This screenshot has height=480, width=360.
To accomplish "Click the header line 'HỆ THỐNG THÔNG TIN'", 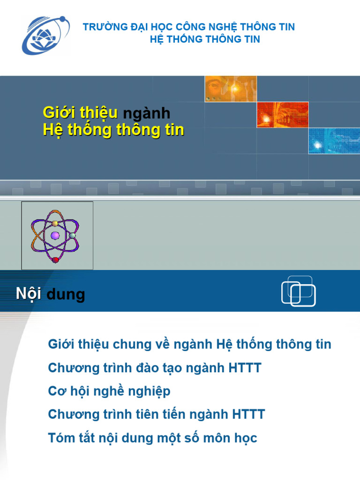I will click(x=205, y=39).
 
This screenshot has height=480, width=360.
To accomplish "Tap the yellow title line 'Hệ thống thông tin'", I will click(x=113, y=130).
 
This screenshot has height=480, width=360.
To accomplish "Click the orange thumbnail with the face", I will click(x=230, y=89).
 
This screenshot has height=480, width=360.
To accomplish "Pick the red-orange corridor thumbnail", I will click(x=282, y=114).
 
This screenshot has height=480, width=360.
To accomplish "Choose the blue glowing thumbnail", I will click(x=334, y=141).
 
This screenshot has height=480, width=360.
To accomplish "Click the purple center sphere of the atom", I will click(x=55, y=235).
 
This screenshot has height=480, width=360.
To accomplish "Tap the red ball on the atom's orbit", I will click(x=55, y=259).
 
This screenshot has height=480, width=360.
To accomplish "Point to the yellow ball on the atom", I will click(x=55, y=223).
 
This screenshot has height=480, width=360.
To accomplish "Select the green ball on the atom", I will click(x=73, y=235).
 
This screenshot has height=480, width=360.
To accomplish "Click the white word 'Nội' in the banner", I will click(x=29, y=294).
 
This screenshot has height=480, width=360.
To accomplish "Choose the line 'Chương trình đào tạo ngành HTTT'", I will click(x=155, y=368).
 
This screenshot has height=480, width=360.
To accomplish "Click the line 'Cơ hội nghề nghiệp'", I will click(x=109, y=391).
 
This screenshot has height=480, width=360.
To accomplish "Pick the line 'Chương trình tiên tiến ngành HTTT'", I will click(x=157, y=414).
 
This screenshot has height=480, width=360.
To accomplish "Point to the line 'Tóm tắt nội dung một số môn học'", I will click(x=153, y=438).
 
